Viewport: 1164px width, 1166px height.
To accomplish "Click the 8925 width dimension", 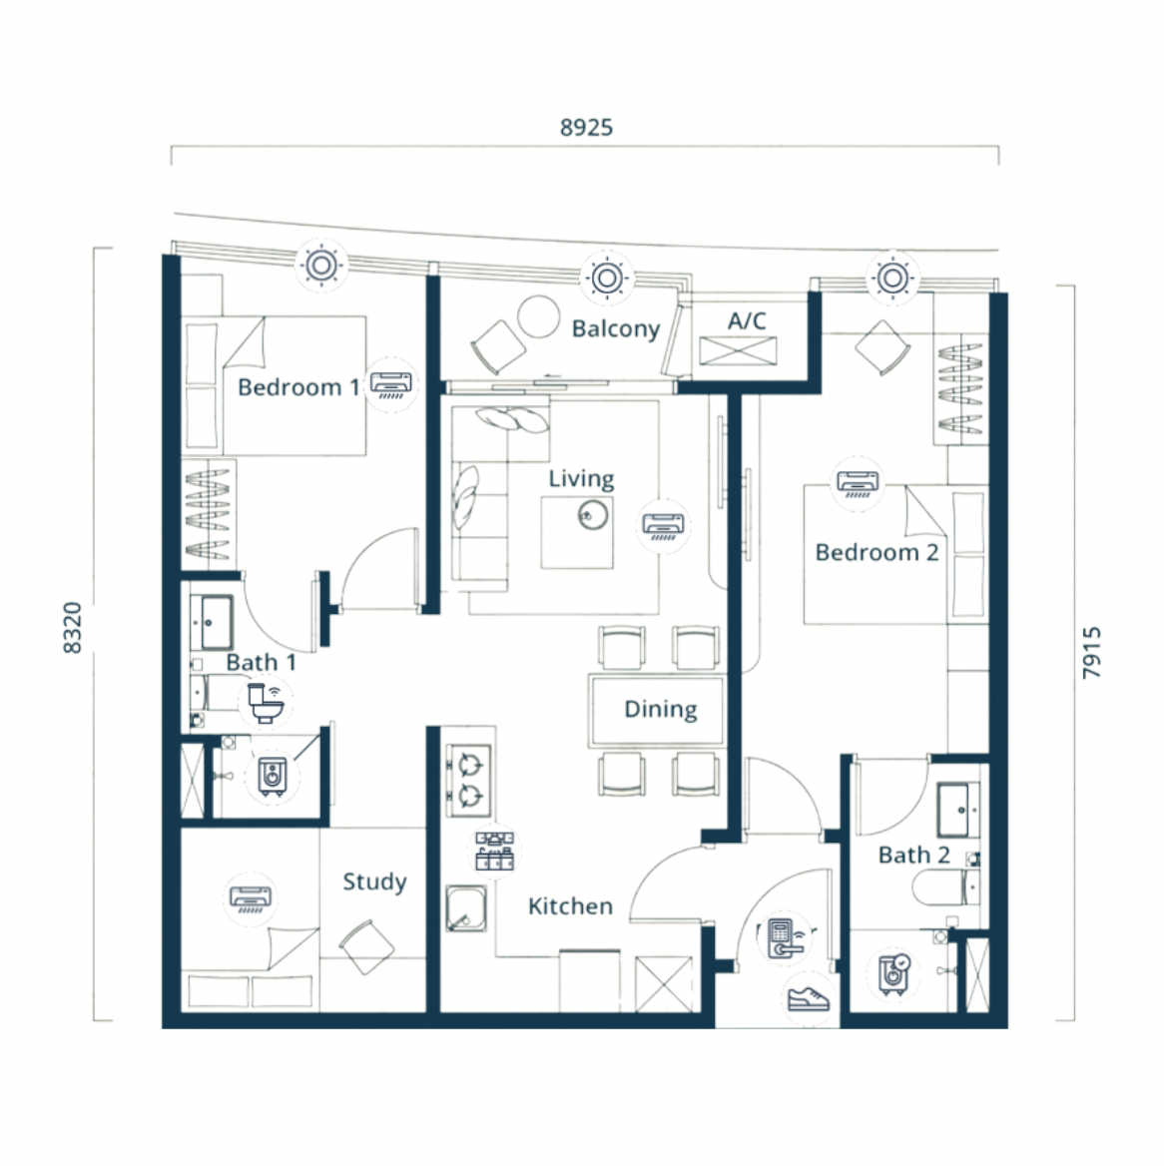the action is click(586, 127).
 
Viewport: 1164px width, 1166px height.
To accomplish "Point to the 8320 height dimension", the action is click(72, 628).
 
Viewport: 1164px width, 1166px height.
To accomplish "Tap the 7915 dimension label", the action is click(1091, 652).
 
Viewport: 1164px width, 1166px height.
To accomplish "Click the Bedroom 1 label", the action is click(298, 386).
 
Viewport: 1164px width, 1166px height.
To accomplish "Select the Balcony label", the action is click(616, 328).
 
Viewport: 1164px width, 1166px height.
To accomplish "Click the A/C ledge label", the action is click(747, 320).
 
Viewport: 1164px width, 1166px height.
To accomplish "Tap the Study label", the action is click(375, 881).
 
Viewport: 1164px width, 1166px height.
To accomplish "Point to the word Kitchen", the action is click(570, 905).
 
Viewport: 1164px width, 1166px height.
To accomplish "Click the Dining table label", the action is click(661, 710).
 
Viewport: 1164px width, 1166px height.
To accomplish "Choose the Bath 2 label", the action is click(914, 855).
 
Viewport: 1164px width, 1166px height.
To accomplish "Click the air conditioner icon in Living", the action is click(663, 525).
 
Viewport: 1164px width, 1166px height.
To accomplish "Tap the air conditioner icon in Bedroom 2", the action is click(858, 483).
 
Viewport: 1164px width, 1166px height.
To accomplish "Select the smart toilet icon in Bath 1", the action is click(266, 703).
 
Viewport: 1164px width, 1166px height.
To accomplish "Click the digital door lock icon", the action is click(785, 938).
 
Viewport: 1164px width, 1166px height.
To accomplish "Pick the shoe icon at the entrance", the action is click(809, 998).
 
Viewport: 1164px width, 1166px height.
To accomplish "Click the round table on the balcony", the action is click(538, 316).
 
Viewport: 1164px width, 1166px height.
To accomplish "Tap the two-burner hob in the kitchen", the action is click(468, 781).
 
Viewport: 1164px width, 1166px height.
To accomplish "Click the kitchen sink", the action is click(466, 908).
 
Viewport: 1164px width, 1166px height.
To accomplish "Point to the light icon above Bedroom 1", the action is click(321, 265).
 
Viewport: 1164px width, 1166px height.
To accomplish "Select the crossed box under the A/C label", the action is click(738, 351).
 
